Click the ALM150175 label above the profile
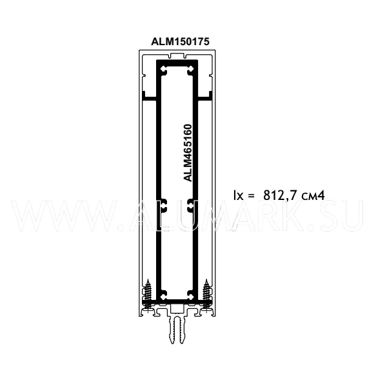(x=180, y=41)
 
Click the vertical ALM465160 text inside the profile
(x=188, y=153)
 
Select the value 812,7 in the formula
(x=281, y=195)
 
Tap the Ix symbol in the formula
(x=239, y=195)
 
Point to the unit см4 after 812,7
(x=313, y=195)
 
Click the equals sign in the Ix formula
(x=252, y=195)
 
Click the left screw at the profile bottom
(x=148, y=294)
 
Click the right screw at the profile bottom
(x=206, y=294)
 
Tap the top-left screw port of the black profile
(x=164, y=70)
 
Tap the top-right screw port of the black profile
(x=190, y=70)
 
